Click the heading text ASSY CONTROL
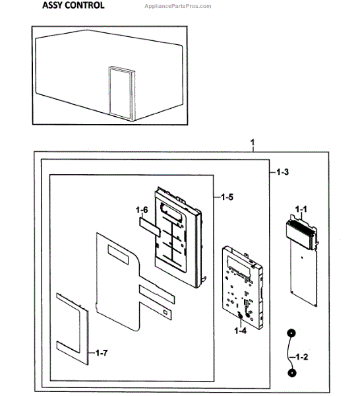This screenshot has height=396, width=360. [73, 6]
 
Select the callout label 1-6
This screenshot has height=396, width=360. [142, 210]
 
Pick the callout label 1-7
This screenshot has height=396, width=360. [100, 354]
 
